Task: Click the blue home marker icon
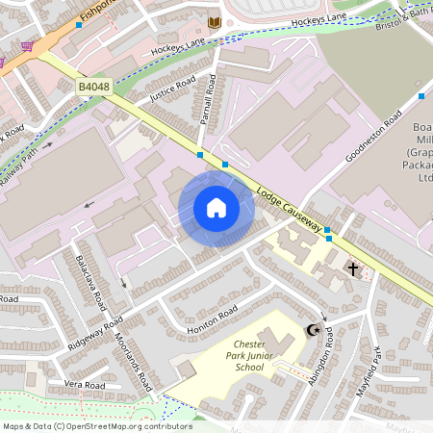pyautogui.click(x=216, y=208)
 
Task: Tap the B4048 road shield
pyautogui.click(x=93, y=88)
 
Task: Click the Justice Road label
pyautogui.click(x=173, y=89)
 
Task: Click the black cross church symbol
pyautogui.click(x=353, y=268)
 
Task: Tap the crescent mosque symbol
pyautogui.click(x=312, y=330)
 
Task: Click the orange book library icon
pyautogui.click(x=215, y=21)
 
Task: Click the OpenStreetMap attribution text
pyautogui.click(x=96, y=425)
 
